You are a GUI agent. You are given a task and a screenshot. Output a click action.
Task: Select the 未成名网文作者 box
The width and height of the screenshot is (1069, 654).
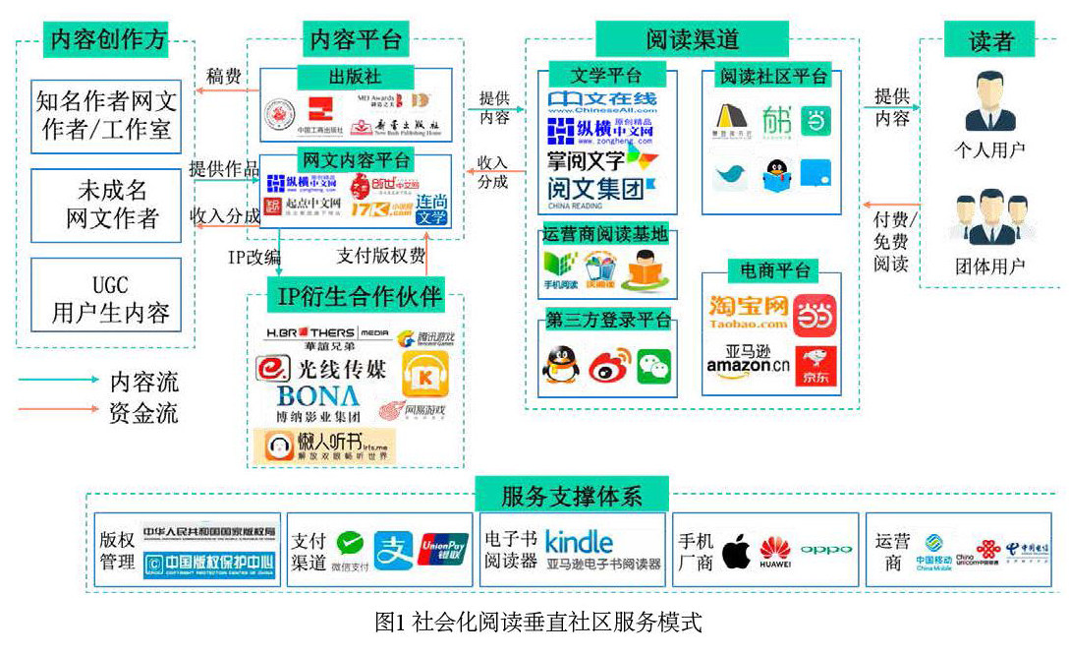click(x=106, y=205)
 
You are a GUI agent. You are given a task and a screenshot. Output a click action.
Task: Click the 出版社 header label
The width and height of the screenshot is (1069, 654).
click(x=355, y=77)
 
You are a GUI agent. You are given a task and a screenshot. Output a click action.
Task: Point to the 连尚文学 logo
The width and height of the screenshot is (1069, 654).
click(x=431, y=209)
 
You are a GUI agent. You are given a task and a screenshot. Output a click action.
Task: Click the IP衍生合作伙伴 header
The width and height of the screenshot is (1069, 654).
click(x=355, y=295)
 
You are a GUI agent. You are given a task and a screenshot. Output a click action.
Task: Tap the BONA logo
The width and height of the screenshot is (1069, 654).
click(x=317, y=396)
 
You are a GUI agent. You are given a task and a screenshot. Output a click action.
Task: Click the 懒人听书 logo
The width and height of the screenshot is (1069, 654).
click(x=324, y=446)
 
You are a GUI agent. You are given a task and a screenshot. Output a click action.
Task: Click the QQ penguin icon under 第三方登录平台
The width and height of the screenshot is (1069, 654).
click(x=561, y=366)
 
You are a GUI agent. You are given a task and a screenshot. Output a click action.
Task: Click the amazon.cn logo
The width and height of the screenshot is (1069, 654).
click(x=748, y=366)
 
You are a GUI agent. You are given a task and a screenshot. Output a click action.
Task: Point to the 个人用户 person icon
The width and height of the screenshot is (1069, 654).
click(x=989, y=102)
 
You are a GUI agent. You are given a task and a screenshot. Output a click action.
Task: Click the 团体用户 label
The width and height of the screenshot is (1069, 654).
click(x=989, y=267)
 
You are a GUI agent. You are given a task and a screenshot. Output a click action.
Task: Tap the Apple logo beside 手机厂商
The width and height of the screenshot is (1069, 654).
click(x=736, y=552)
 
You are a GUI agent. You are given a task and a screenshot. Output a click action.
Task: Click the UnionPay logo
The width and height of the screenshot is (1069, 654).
click(x=443, y=550)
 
